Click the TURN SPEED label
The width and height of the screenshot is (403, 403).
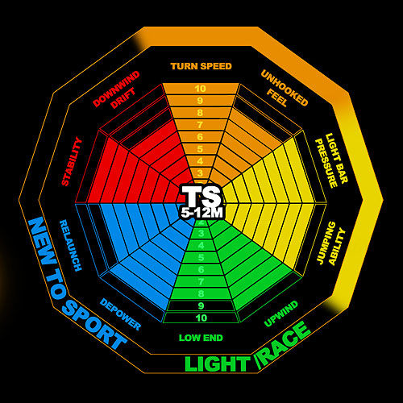click(x=201, y=66)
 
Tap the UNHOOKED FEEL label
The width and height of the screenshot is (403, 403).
click(x=285, y=89)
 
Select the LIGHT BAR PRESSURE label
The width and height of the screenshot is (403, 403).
click(x=331, y=160)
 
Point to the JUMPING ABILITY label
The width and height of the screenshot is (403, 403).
click(x=331, y=243)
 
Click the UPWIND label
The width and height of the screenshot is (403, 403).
click(x=281, y=314)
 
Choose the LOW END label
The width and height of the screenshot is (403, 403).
click(x=201, y=338)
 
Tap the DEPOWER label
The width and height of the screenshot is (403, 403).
click(x=120, y=314)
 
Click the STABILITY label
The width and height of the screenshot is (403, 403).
click(x=72, y=161)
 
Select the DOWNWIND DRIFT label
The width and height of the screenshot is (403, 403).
click(x=116, y=89)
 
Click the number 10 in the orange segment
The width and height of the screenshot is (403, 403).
click(x=201, y=89)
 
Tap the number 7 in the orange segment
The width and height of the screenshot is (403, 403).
click(x=200, y=125)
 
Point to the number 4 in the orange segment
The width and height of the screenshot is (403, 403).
click(x=200, y=161)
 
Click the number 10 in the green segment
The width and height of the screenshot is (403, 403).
click(x=201, y=318)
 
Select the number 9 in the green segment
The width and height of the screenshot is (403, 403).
click(x=201, y=305)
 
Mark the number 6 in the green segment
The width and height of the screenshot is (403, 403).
click(x=201, y=269)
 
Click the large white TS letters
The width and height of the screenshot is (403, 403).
click(x=201, y=196)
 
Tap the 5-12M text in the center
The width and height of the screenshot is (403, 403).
click(x=201, y=213)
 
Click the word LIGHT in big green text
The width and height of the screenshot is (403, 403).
click(x=218, y=364)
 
